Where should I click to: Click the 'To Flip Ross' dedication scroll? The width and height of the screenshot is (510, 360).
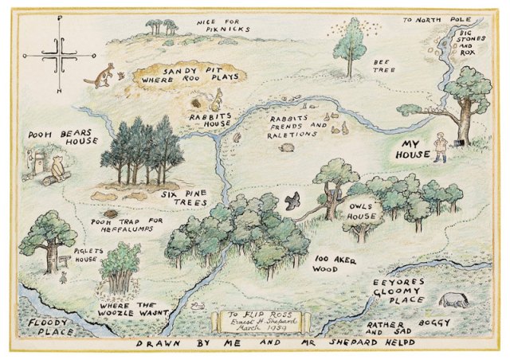coord(254,323)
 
